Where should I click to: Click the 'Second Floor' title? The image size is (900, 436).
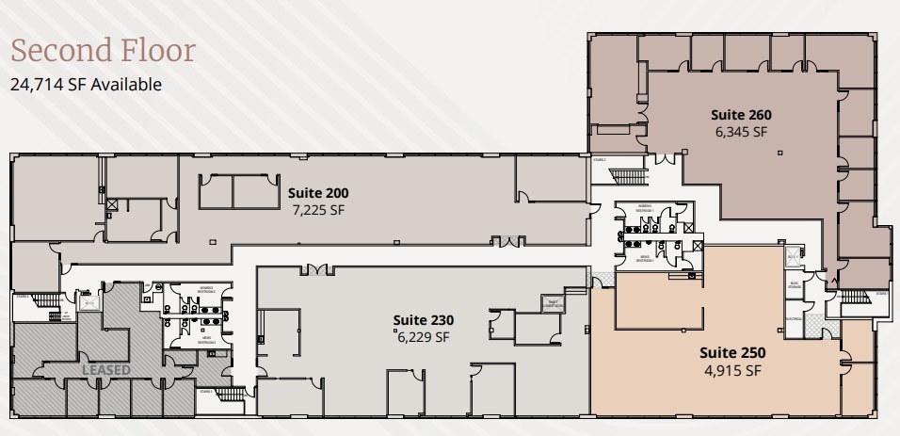click(103, 50)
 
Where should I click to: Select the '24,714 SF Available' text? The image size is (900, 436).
click(86, 85)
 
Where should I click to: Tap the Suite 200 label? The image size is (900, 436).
click(319, 193)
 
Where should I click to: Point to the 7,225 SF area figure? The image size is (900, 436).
click(319, 210)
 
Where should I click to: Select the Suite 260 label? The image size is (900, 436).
click(741, 115)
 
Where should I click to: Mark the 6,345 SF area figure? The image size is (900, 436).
click(741, 132)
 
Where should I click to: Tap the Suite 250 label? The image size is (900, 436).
click(731, 353)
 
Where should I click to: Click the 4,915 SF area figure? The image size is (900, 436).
click(731, 370)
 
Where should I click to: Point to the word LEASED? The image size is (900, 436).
click(105, 370)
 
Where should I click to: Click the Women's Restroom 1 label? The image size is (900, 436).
click(646, 206)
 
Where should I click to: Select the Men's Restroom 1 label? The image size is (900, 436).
click(646, 259)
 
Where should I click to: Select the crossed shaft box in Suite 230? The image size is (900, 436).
click(553, 302)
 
